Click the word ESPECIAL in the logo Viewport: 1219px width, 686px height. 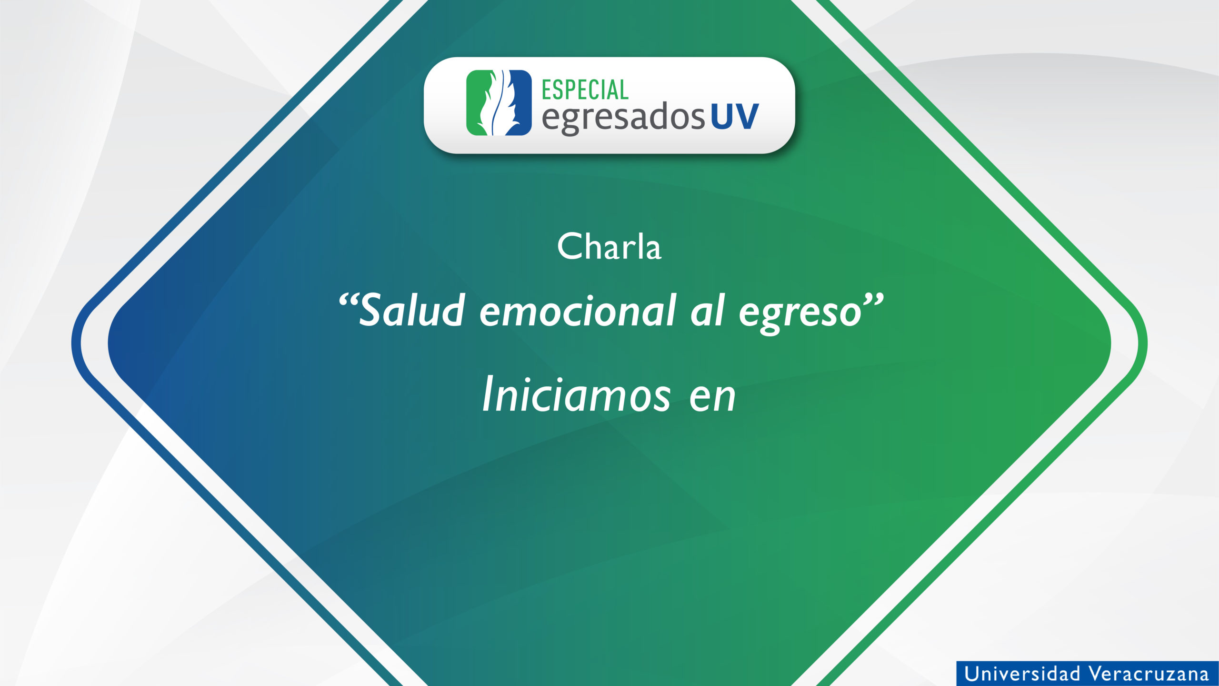585,90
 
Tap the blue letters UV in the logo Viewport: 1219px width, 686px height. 735,117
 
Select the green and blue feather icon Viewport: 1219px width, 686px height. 499,103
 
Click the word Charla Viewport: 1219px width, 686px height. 609,247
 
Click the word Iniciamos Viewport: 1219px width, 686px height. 577,394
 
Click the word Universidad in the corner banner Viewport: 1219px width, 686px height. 1022,674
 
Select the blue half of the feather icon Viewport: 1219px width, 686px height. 517,103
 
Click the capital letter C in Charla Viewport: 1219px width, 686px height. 570,247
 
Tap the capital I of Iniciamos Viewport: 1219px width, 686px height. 490,394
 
